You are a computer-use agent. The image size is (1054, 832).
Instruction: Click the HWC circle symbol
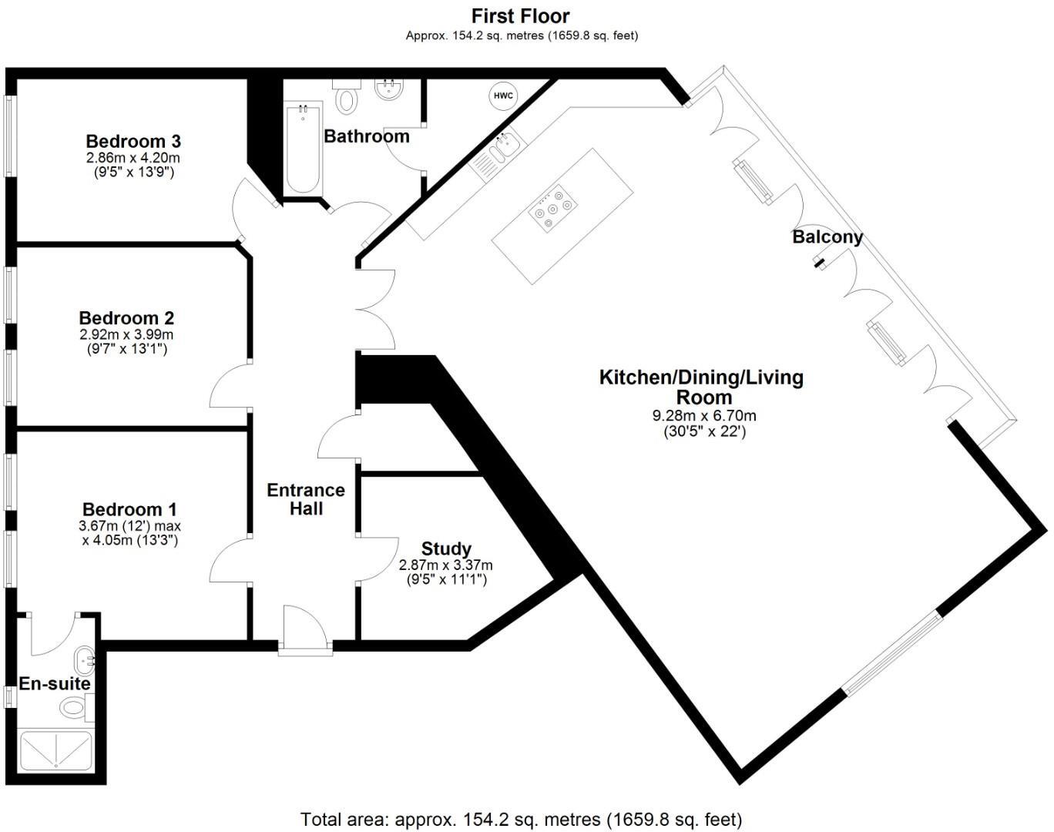(503, 96)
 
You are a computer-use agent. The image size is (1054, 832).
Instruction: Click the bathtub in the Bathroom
(302, 149)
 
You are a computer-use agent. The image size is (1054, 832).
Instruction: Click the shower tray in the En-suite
(56, 750)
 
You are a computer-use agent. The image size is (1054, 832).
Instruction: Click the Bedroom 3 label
(133, 141)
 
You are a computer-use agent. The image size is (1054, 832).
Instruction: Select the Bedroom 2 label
(126, 317)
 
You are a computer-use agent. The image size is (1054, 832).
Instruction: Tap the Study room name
(446, 549)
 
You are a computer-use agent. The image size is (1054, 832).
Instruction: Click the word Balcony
(827, 237)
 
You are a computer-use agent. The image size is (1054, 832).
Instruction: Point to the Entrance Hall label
(306, 499)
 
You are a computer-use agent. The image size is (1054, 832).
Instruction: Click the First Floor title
(521, 16)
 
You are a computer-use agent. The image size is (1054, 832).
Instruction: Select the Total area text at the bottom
(521, 818)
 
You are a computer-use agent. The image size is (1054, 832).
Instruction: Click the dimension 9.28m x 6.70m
(704, 416)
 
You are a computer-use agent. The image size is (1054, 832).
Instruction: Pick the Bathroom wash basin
(390, 89)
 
